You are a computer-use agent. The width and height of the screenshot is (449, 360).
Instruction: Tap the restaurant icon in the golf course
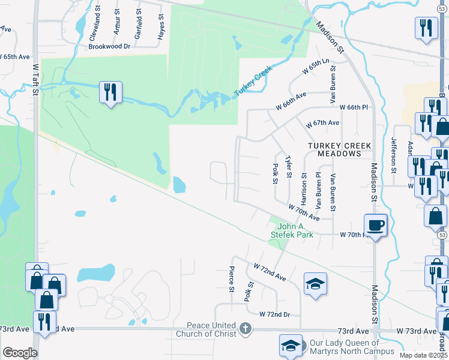pos(110,92)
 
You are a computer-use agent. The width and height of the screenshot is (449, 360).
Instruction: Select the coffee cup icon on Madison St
pos(375,226)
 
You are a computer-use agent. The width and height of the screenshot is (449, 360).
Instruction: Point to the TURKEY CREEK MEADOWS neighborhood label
pos(340,150)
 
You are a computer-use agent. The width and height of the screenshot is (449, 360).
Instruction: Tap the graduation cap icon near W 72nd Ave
pos(315,284)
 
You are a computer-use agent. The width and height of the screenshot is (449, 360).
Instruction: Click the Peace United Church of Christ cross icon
pos(244,328)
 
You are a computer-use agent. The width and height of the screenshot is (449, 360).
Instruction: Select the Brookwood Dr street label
pos(109,46)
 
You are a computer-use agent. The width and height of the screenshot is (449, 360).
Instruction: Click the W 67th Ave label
pos(322,123)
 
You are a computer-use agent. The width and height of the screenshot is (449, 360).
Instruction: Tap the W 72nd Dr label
pos(274,314)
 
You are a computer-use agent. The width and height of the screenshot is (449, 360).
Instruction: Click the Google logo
pos(20,353)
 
